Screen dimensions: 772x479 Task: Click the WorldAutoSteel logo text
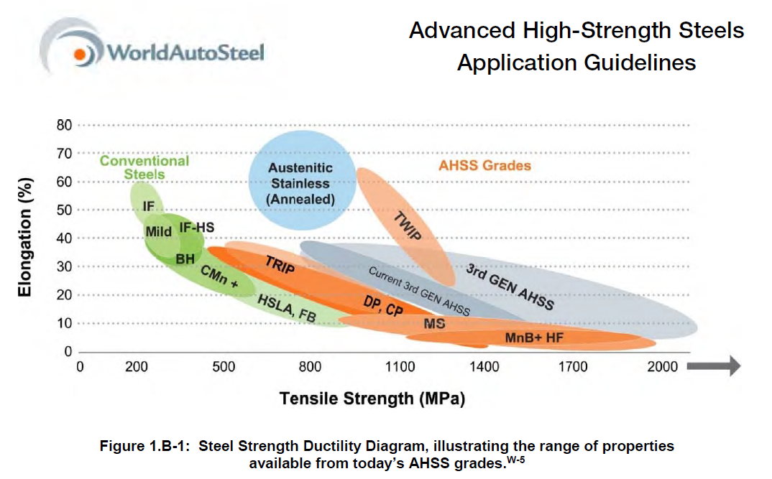tap(185, 52)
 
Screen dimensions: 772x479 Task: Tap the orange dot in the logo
tap(80, 54)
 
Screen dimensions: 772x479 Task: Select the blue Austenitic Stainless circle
tap(302, 180)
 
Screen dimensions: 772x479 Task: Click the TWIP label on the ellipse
tap(408, 225)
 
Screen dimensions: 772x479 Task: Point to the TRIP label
tap(280, 264)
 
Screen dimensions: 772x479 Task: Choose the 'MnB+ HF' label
tap(533, 338)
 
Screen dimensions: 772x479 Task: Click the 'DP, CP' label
tap(383, 305)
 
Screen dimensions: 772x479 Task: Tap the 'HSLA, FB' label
tap(287, 308)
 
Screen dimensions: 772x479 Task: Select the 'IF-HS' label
tap(196, 227)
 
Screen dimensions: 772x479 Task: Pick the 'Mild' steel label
tap(158, 231)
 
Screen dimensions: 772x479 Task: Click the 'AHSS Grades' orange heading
tap(484, 166)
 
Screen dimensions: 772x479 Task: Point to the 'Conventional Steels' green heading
tap(144, 168)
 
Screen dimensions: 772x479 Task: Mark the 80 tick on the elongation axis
tap(64, 125)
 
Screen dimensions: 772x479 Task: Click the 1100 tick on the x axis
tap(400, 366)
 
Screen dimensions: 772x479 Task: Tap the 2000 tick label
tap(662, 366)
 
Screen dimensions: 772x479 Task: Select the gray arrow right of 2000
tap(713, 366)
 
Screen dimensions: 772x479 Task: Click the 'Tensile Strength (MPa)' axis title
tap(372, 399)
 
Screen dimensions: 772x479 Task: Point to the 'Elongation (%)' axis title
tap(24, 237)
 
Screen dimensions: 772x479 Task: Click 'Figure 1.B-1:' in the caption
tap(144, 446)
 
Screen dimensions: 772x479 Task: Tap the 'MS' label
tap(434, 324)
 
